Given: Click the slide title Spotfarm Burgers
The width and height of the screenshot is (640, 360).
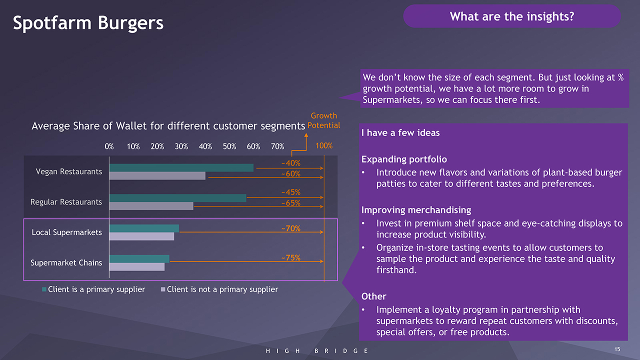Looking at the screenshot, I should (88, 23).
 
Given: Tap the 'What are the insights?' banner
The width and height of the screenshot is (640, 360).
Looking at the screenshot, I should (511, 16).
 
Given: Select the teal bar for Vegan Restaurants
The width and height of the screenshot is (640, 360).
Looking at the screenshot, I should (181, 168).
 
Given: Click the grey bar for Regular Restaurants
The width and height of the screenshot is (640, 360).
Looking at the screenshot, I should (151, 206).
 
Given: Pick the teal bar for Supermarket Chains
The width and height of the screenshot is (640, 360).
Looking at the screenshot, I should (139, 258).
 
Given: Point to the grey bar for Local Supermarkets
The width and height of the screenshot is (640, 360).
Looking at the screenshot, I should (141, 236).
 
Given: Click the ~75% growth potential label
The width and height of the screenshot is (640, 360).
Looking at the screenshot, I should (290, 258).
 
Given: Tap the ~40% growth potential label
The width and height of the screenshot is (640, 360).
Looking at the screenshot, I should (290, 163).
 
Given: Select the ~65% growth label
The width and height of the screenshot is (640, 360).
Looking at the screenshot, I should (290, 203).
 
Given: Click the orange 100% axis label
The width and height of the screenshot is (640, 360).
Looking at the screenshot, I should (324, 146).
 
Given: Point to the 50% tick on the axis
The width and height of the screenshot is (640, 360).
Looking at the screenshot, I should (229, 146).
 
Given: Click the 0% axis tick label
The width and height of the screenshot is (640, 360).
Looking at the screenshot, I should (109, 146).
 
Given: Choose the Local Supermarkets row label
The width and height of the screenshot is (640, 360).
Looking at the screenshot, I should (66, 232).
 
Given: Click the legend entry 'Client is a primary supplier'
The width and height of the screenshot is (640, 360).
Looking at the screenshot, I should (96, 289).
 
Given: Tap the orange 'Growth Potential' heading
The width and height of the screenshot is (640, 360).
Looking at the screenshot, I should (323, 120).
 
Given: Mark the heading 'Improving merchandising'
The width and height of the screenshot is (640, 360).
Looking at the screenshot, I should (416, 210).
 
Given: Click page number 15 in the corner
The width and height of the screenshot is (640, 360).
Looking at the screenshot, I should (617, 349).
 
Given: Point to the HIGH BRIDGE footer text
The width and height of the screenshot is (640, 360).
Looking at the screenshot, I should (317, 351).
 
